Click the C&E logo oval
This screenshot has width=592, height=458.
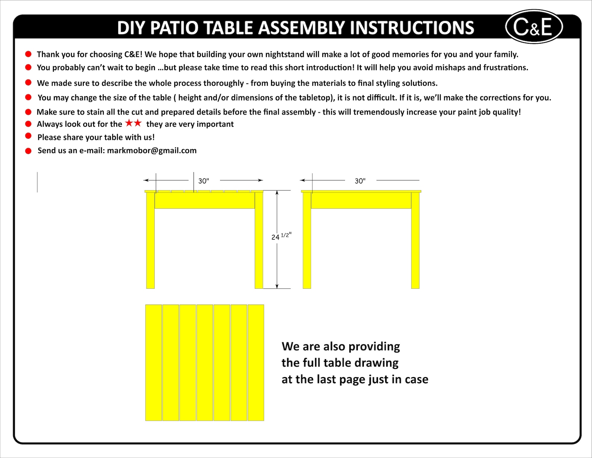533,26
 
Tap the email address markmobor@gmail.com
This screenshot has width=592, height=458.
152,151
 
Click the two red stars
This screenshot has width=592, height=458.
133,123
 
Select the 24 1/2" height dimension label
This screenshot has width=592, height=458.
281,236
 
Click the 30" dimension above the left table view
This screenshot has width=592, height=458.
204,181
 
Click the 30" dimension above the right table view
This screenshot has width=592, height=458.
360,181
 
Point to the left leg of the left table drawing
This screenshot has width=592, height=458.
150,241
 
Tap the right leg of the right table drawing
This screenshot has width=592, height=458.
415,241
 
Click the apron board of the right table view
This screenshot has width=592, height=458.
360,201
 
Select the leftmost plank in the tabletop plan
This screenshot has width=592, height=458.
153,363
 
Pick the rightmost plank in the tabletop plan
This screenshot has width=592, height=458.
256,363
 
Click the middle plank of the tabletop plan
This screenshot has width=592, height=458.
205,363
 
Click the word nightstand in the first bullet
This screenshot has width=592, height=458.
285,54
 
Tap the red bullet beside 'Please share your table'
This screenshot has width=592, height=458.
28,136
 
